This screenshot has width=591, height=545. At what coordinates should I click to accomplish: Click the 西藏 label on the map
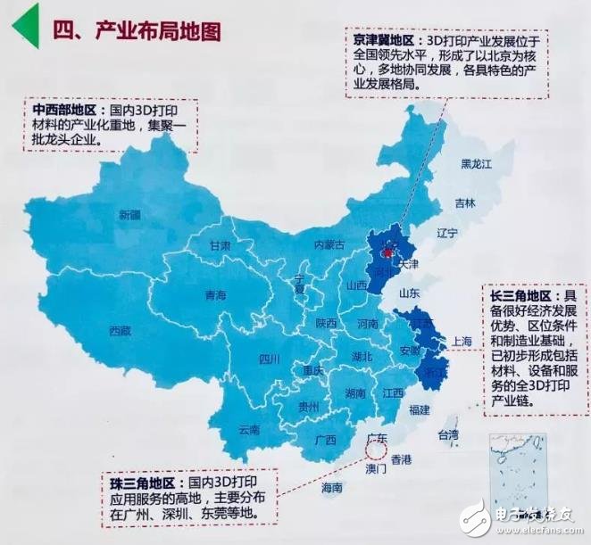pos(121,331)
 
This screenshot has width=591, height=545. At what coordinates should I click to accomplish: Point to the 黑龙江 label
pos(475,164)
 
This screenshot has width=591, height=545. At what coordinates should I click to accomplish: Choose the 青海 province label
pos(215,295)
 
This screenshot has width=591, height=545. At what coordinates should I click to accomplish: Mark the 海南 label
pos(331,488)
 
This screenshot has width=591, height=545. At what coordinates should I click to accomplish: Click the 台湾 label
pos(446,435)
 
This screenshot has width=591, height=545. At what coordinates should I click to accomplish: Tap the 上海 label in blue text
pos(462,341)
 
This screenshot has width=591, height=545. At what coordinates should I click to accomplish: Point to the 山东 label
pos(410,293)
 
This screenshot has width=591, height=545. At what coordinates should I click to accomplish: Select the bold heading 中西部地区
pos(64,109)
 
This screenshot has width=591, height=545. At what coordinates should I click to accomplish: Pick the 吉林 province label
pos(465,202)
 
